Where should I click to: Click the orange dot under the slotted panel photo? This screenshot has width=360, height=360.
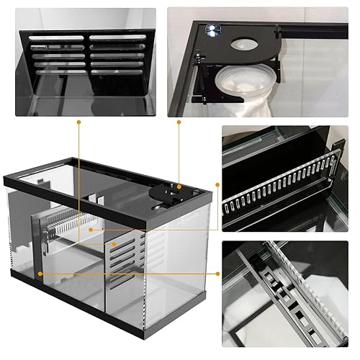click(x=78, y=123)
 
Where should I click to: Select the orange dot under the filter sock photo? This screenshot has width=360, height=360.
click(x=179, y=123)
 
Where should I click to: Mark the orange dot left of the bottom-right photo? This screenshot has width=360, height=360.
click(x=217, y=274)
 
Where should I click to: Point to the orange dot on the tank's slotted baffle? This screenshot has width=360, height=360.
click(x=113, y=244)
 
